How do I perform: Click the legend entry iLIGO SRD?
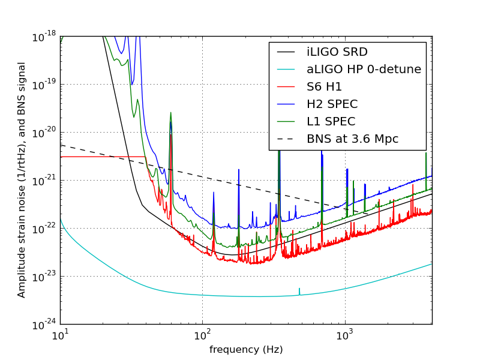click(x=337, y=52)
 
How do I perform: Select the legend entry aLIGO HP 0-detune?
click(x=364, y=70)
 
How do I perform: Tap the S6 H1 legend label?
click(x=324, y=87)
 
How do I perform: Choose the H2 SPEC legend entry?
click(x=331, y=104)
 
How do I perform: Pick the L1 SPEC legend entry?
click(x=331, y=122)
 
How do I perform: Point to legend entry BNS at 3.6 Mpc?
click(x=352, y=139)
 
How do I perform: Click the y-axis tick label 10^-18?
click(x=45, y=37)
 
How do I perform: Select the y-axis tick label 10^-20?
click(x=45, y=133)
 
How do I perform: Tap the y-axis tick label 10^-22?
click(x=45, y=229)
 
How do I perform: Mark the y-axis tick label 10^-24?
click(x=45, y=325)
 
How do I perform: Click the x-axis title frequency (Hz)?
click(x=246, y=349)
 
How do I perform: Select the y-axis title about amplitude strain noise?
click(x=22, y=180)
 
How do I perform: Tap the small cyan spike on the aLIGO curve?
click(x=299, y=291)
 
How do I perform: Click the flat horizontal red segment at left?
click(x=102, y=157)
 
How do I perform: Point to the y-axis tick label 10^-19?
click(x=45, y=85)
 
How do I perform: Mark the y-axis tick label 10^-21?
click(x=45, y=181)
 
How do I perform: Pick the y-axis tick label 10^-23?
click(x=45, y=277)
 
